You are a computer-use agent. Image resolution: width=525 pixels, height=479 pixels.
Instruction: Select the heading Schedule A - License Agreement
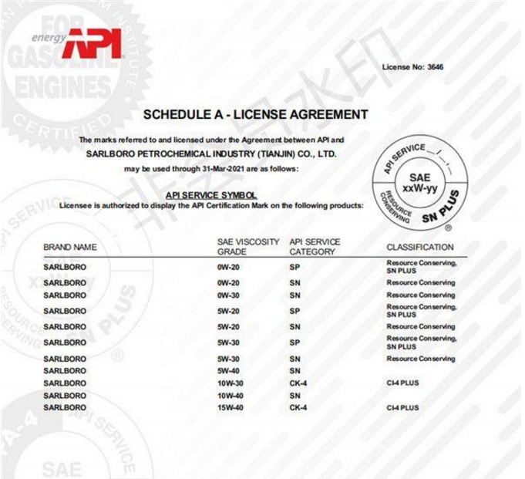[x=255, y=115]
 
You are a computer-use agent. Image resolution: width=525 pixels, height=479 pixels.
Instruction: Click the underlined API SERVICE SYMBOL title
[x=211, y=196]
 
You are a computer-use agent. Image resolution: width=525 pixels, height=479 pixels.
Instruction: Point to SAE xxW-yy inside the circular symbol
[x=419, y=183]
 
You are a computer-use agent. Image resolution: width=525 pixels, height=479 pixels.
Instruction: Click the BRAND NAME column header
[x=70, y=248]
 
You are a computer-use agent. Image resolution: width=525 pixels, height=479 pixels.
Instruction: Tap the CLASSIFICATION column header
[x=419, y=248]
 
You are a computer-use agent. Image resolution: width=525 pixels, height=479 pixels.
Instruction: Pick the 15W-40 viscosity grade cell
[x=231, y=407]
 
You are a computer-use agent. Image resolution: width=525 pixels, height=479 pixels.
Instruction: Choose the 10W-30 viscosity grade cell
[x=231, y=383]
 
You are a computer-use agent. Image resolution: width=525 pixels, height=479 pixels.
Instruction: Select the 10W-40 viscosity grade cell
[x=231, y=396]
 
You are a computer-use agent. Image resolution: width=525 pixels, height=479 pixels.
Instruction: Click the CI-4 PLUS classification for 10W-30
[x=402, y=383]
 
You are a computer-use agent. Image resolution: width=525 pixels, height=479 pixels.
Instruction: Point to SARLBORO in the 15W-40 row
[x=65, y=407]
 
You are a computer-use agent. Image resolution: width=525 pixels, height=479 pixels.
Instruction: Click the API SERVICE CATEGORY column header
[x=315, y=247]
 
